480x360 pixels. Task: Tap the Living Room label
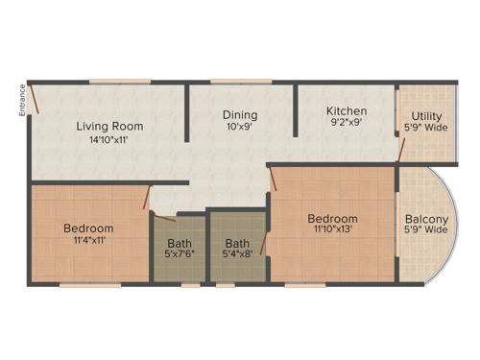(x=110, y=126)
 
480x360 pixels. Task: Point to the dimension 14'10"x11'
(x=110, y=140)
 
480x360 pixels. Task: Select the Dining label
(x=240, y=115)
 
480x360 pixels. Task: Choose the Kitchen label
(x=347, y=111)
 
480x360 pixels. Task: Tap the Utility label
(x=426, y=116)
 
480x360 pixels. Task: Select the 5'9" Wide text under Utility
(x=426, y=129)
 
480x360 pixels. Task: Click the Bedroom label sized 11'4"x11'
(x=88, y=228)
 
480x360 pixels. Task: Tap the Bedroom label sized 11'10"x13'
(x=332, y=218)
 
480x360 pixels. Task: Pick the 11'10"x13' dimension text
(x=332, y=230)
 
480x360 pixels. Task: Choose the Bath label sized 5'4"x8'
(x=238, y=243)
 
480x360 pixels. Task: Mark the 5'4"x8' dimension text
(x=238, y=255)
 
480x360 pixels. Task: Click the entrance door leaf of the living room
(x=34, y=97)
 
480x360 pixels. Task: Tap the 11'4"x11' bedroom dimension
(x=88, y=242)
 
